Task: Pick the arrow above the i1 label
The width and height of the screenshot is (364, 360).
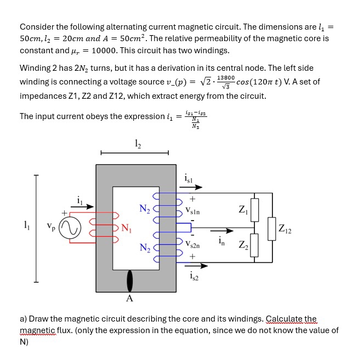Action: click(x=83, y=207)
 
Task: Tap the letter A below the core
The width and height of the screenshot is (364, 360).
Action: click(x=129, y=299)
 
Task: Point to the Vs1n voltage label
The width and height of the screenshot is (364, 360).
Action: click(x=192, y=210)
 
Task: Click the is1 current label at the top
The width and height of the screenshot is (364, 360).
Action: click(x=190, y=177)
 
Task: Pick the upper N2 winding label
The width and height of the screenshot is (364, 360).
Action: click(x=144, y=208)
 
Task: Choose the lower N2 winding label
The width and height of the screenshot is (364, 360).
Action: click(x=144, y=248)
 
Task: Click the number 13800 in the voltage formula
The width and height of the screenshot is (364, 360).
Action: click(x=226, y=78)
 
